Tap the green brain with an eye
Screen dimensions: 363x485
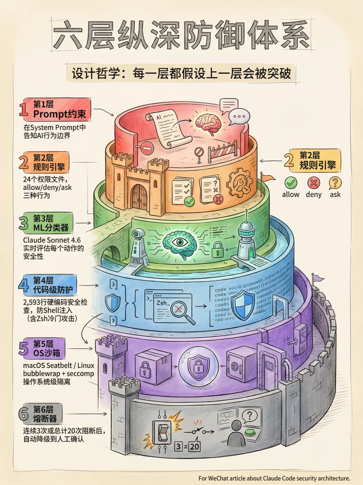(180, 243)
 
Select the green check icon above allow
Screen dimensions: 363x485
(291, 183)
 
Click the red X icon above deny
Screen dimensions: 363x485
(314, 183)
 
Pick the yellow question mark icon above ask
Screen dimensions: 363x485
(335, 183)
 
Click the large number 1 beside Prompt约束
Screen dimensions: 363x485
(24, 109)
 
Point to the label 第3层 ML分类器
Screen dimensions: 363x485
(50, 223)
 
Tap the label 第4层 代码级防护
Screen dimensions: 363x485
(52, 285)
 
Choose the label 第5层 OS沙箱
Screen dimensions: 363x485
(46, 348)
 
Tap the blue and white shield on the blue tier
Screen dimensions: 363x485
(244, 305)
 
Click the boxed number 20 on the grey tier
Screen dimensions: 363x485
(195, 446)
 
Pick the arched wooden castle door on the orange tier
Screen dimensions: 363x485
(139, 197)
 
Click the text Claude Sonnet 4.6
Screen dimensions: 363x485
(52, 240)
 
